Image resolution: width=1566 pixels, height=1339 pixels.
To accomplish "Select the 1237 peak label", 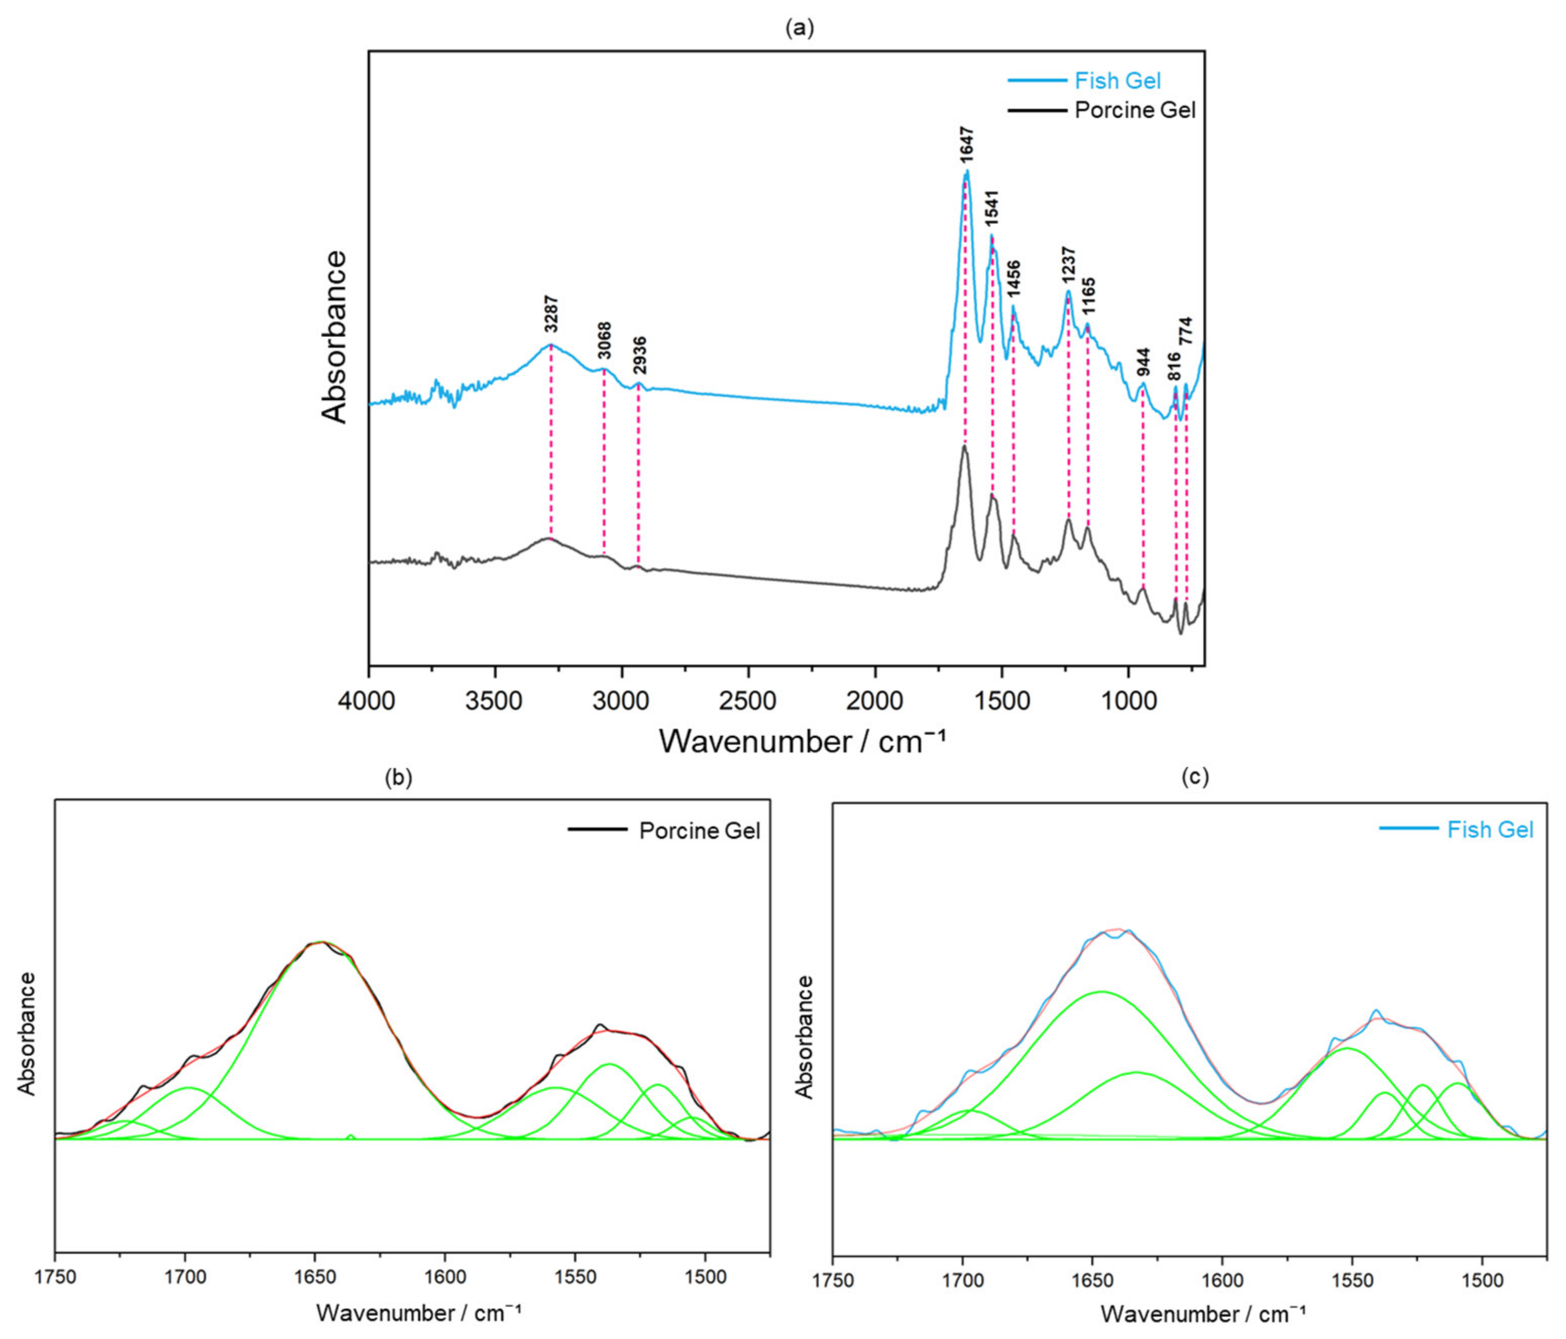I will click(1070, 266).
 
